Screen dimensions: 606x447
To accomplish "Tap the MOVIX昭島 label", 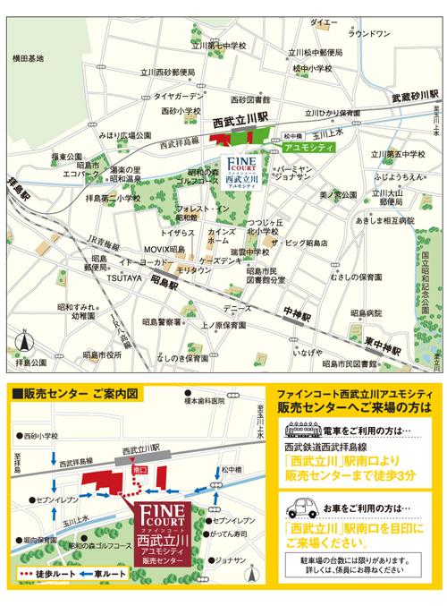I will (x=163, y=246).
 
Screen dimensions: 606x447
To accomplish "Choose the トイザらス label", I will (x=178, y=231).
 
